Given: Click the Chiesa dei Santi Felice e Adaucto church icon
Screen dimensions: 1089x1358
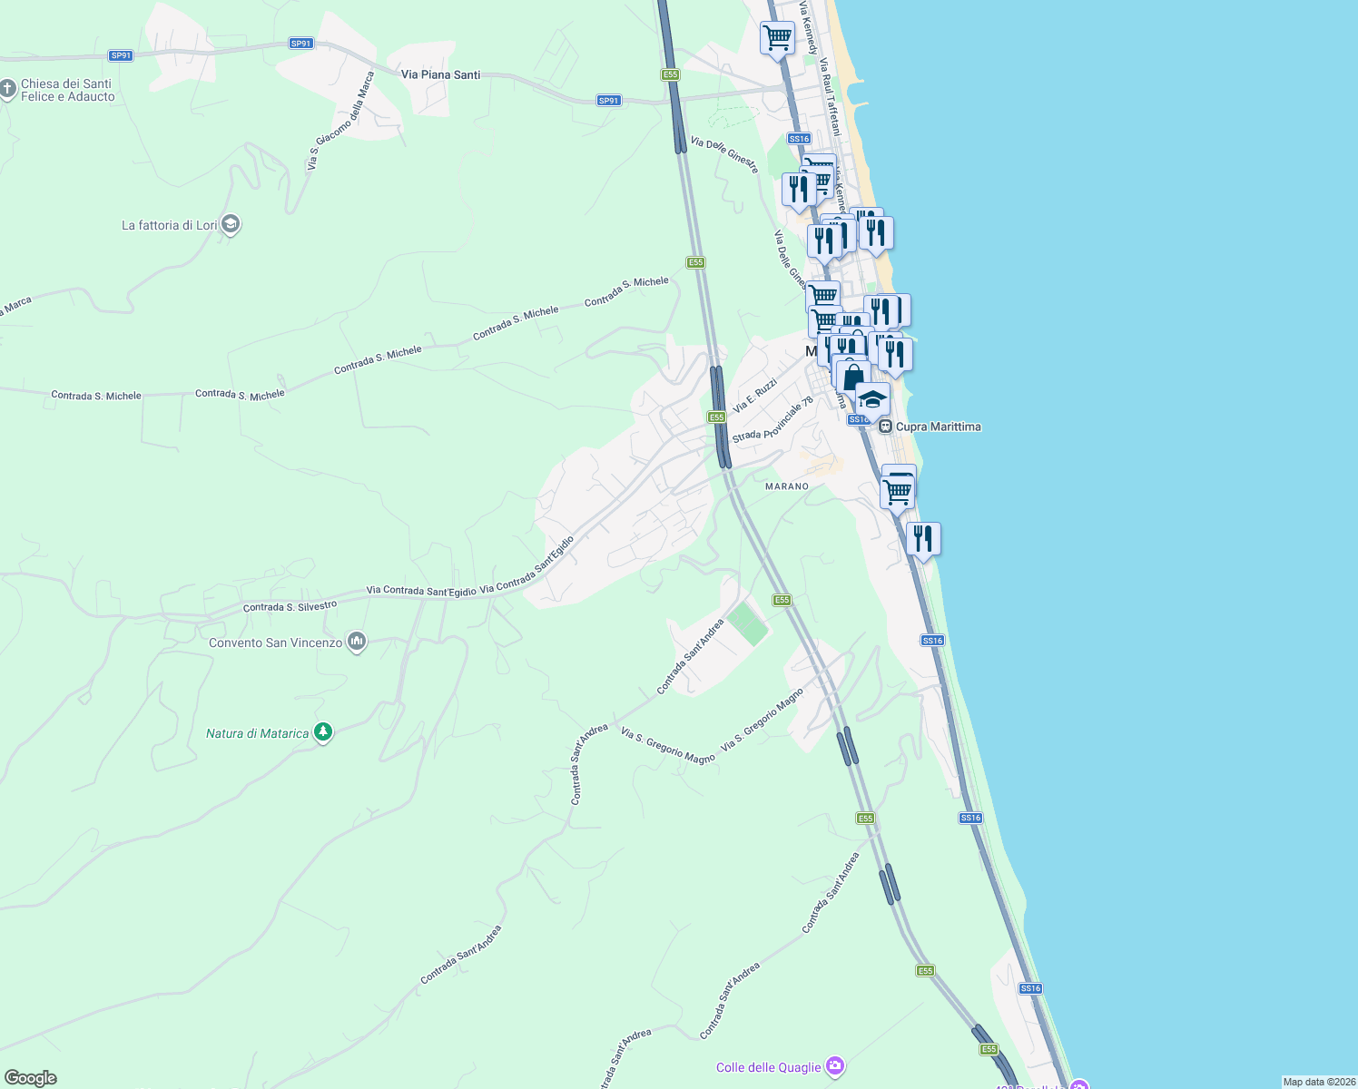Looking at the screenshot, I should pyautogui.click(x=8, y=89).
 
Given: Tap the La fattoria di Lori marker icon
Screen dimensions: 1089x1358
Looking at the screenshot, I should pyautogui.click(x=231, y=224).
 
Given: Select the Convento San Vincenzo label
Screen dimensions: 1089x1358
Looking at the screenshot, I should pyautogui.click(x=275, y=643).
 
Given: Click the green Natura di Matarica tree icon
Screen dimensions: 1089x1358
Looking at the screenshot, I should pyautogui.click(x=322, y=732).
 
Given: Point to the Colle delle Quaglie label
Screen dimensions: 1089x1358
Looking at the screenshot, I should pyautogui.click(x=768, y=1067).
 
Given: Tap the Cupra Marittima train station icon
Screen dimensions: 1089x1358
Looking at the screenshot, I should pyautogui.click(x=885, y=426).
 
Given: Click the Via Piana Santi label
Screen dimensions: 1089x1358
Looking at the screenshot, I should pyautogui.click(x=440, y=74).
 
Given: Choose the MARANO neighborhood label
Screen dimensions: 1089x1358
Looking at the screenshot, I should pyautogui.click(x=786, y=486).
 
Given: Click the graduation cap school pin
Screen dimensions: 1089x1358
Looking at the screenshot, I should pyautogui.click(x=871, y=398).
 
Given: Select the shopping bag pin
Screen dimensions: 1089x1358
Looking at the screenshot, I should pyautogui.click(x=852, y=377).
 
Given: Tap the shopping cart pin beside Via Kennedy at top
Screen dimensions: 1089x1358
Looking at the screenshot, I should pyautogui.click(x=777, y=38).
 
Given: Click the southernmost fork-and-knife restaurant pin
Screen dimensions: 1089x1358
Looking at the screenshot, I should pyautogui.click(x=922, y=538).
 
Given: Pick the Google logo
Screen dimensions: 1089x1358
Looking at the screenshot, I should pyautogui.click(x=31, y=1078).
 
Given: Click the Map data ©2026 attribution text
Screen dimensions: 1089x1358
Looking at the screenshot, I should pyautogui.click(x=1318, y=1082).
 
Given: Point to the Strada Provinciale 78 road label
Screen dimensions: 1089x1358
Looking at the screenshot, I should pyautogui.click(x=772, y=419).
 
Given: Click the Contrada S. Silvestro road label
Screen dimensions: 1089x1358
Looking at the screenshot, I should pyautogui.click(x=290, y=606).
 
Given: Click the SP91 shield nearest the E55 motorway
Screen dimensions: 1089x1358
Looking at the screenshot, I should pyautogui.click(x=609, y=101).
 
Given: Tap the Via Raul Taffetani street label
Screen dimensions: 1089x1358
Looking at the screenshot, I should pyautogui.click(x=831, y=98).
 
